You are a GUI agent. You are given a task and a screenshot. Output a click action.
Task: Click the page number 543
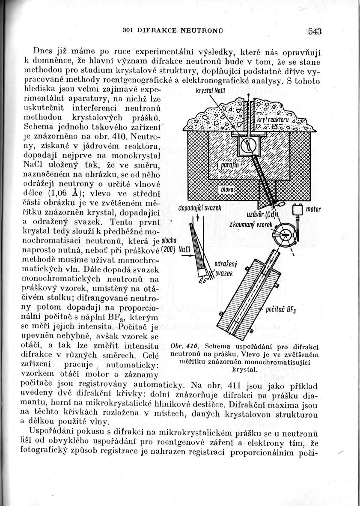tap(314, 31)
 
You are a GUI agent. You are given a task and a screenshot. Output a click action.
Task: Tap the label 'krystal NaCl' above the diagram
tap(208, 91)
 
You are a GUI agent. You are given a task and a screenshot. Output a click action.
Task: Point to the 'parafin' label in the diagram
tap(230, 165)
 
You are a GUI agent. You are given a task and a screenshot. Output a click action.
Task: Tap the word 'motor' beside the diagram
tap(313, 210)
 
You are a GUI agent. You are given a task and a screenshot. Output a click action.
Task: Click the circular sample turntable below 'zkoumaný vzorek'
tap(283, 235)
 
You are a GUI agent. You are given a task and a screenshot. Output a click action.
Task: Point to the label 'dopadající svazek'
tap(199, 208)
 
